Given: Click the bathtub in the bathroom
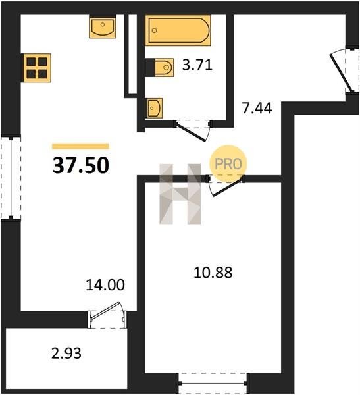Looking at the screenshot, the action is click(x=178, y=30).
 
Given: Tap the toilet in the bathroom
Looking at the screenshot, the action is click(x=160, y=67).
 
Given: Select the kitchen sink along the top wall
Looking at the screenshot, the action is click(x=103, y=27).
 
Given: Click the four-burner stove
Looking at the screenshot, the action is click(x=37, y=68).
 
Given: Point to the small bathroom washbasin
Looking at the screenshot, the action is click(x=154, y=108).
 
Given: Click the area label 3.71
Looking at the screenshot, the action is click(x=197, y=65).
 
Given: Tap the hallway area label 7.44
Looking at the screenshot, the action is click(x=257, y=108).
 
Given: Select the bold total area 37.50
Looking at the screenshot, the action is click(x=81, y=165).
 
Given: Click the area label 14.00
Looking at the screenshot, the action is click(x=105, y=285).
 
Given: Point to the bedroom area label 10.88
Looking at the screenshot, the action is click(x=213, y=273).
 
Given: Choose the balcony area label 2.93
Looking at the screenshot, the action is click(x=66, y=353).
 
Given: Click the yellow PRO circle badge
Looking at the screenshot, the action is click(x=228, y=164).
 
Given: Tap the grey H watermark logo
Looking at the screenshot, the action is click(x=180, y=194).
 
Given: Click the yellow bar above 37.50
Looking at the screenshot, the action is click(x=80, y=146).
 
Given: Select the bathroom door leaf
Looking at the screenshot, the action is click(x=192, y=132).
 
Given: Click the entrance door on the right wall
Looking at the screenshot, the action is click(x=344, y=71).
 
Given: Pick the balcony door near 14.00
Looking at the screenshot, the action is click(x=107, y=315).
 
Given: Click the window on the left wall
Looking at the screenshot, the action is click(x=11, y=178).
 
